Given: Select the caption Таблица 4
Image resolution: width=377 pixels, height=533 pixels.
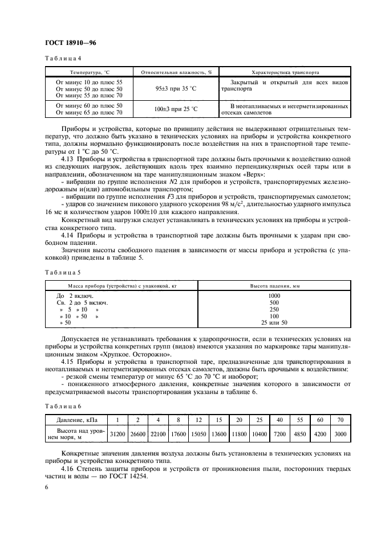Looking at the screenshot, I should (x=63, y=59).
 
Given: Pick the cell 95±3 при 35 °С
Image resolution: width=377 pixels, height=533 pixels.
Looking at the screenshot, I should (x=176, y=89).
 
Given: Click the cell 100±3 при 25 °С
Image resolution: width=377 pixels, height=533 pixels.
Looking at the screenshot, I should (x=176, y=109).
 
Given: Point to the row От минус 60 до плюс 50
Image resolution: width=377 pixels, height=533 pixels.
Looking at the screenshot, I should (x=89, y=105).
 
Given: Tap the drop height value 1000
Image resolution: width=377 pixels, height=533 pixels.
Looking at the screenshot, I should (x=275, y=296).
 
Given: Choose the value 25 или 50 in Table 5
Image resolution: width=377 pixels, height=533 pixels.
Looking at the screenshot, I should (x=275, y=323).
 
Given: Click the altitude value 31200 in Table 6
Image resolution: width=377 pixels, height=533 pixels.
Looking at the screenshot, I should (x=117, y=434).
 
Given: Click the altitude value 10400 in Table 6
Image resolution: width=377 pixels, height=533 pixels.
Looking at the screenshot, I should (x=258, y=434).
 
